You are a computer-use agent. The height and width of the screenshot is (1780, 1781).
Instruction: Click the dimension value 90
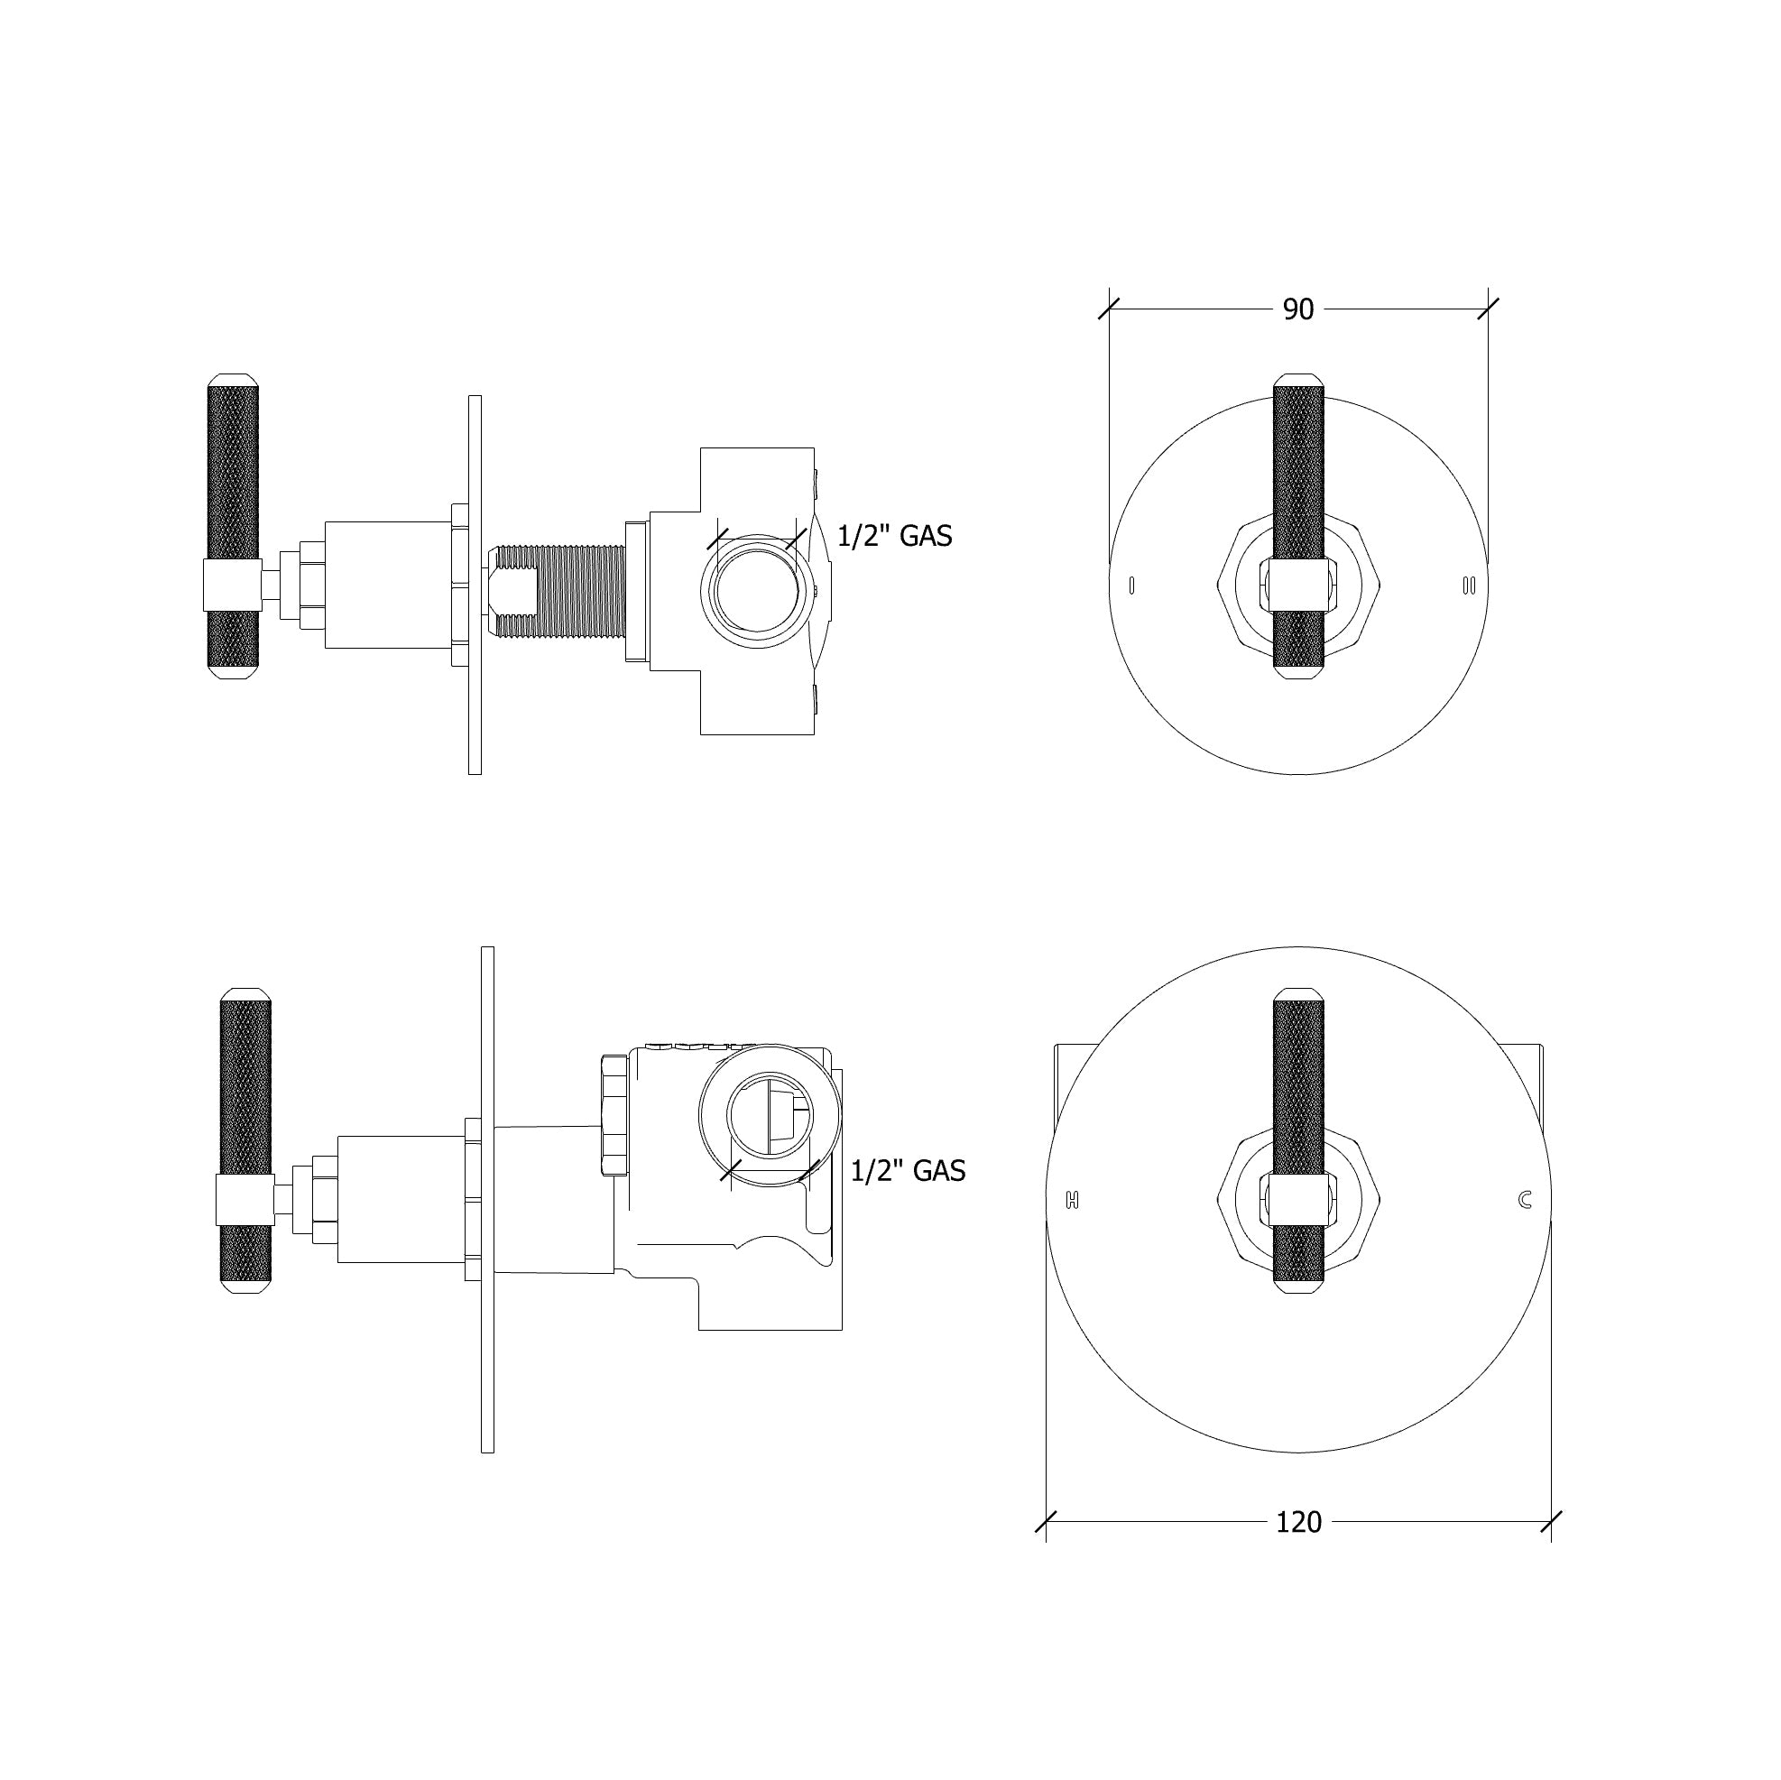click(1297, 309)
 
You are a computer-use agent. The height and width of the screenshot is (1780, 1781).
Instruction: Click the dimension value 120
click(1298, 1521)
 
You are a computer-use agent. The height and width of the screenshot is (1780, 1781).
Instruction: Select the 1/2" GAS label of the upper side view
click(894, 536)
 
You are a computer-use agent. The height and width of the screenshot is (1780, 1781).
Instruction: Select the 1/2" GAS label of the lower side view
click(908, 1171)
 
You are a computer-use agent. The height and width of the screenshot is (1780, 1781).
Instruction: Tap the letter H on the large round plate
click(1071, 1200)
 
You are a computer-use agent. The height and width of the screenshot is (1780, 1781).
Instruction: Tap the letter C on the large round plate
click(1525, 1199)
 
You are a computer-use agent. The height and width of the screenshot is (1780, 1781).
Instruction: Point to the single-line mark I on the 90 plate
click(1131, 585)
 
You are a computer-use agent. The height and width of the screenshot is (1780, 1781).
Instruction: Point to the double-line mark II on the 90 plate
click(1469, 585)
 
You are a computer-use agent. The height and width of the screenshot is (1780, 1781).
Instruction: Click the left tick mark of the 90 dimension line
click(1109, 309)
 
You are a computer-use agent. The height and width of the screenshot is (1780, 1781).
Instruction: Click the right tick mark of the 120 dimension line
click(1551, 1522)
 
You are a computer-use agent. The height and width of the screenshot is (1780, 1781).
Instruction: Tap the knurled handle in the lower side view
click(246, 1088)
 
